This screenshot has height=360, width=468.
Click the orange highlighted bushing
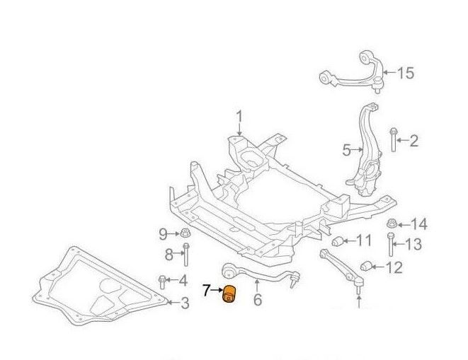231,294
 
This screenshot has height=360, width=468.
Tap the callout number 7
206,289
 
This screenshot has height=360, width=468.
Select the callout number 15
405,73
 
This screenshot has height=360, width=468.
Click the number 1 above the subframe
239,116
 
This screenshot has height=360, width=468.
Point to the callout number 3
184,304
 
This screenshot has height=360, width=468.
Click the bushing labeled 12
367,267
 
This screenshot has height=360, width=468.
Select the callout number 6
257,300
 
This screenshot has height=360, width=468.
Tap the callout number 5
347,150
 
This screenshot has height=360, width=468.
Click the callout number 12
394,267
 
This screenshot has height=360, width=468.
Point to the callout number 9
162,233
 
